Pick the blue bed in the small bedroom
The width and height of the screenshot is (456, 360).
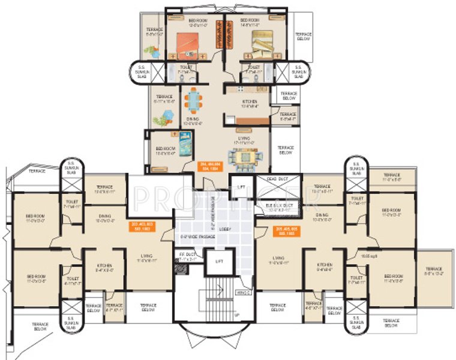coord(185,144)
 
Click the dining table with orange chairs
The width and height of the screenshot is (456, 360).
coord(193,100)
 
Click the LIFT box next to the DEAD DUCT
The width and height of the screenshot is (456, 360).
coord(242,187)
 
